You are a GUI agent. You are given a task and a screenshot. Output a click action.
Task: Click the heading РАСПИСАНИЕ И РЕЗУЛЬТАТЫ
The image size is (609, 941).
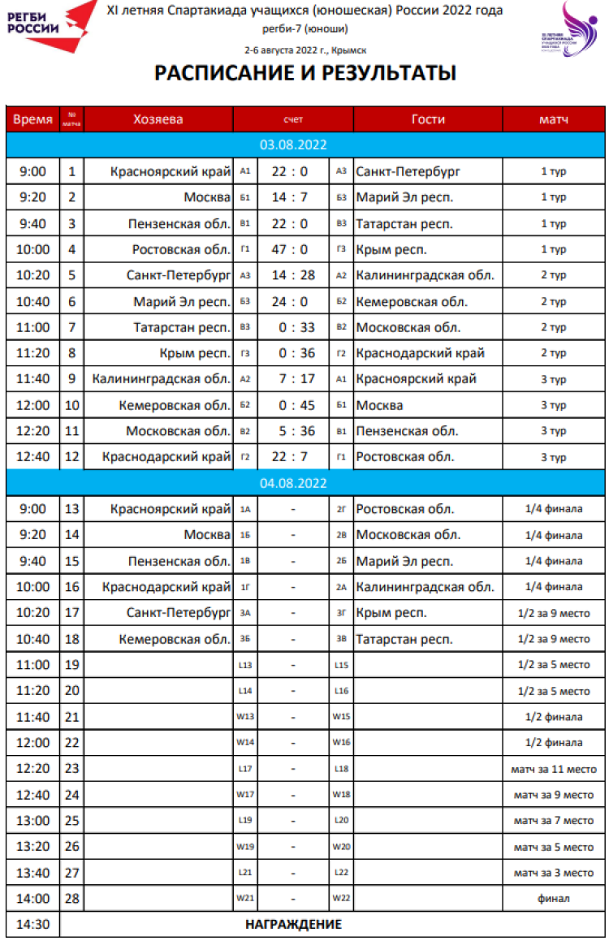pos(304,73)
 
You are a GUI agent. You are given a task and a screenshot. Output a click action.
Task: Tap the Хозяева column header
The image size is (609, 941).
pos(158,119)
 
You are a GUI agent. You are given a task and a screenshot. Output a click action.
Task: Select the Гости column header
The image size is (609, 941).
pos(428,119)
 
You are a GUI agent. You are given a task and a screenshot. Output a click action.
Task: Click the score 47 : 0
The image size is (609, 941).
pos(290,249)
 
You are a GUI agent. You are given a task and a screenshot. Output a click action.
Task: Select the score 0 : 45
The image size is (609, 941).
pos(290,405)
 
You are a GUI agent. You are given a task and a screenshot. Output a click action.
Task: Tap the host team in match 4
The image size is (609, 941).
pos(182,249)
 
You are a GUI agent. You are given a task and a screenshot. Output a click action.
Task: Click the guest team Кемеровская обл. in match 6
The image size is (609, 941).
pos(412,301)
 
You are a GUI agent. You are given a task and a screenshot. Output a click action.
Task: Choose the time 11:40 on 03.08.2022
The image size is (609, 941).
pos(32,379)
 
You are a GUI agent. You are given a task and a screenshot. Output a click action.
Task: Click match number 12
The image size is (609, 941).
pos(72,457)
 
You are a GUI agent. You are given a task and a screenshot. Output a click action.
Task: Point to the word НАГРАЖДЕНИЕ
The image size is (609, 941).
pos(293,924)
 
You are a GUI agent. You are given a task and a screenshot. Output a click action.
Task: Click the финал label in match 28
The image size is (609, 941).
pos(553,899)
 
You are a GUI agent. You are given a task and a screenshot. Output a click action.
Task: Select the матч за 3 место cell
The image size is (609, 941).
pos(553,873)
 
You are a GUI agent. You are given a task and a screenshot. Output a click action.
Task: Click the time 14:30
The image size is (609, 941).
pos(32,924)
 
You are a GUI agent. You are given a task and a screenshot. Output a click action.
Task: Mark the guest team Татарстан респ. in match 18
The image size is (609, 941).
pos(403,639)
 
